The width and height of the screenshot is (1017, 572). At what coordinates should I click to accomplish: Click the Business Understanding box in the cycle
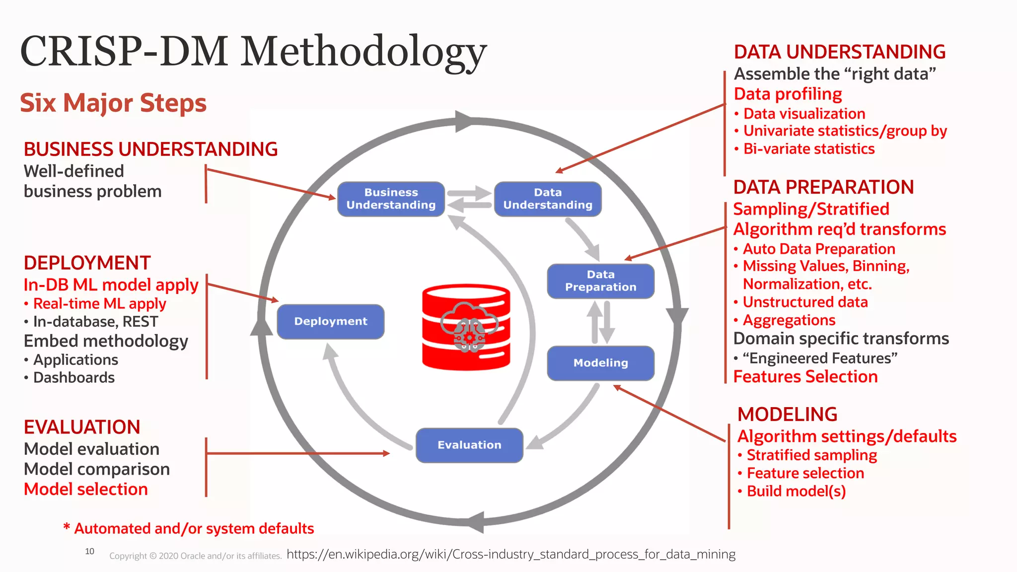point(391,199)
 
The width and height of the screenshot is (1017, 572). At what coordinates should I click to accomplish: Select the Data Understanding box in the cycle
point(548,199)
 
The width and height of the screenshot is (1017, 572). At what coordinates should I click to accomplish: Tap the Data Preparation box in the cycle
point(600,281)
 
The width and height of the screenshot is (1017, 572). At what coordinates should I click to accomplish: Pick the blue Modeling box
point(600,363)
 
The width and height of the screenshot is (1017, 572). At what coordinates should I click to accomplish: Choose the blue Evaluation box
point(469,445)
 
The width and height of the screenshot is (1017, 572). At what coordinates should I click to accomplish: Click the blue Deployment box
point(331,321)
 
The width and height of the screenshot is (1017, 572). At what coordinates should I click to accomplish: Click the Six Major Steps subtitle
point(113,103)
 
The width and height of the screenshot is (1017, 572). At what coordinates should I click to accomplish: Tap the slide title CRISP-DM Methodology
point(253,52)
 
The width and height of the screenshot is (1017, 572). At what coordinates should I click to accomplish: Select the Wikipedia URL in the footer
point(511,554)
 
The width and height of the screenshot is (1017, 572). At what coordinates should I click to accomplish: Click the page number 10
point(90,551)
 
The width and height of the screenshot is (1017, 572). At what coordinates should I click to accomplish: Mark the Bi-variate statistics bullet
point(808,149)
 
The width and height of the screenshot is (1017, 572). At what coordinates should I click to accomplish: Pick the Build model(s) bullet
point(796,491)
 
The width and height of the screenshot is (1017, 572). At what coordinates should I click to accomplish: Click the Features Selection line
point(805,376)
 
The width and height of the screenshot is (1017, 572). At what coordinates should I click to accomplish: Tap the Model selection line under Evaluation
point(86,489)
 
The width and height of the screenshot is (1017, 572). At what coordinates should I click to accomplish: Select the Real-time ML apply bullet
point(99,303)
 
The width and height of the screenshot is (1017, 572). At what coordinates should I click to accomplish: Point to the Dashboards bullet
point(73,377)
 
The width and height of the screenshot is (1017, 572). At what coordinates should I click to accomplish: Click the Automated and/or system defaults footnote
point(194,528)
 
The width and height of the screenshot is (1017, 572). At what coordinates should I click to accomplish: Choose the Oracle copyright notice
point(196,556)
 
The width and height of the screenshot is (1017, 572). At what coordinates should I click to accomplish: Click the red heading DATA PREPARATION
point(823,187)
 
